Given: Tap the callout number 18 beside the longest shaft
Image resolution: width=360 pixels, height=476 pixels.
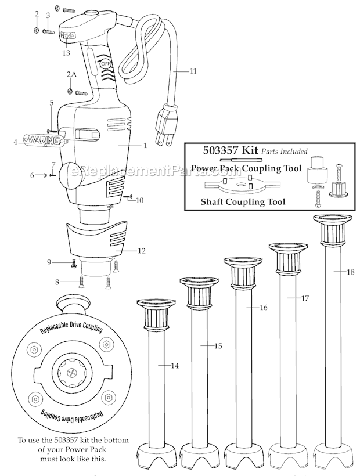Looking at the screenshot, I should point(351,272).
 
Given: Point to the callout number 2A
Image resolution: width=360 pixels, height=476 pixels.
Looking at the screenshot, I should point(71,75).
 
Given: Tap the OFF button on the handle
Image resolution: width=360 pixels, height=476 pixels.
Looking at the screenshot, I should point(105,63).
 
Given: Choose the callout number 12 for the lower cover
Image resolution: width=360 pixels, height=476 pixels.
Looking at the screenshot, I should point(142,251).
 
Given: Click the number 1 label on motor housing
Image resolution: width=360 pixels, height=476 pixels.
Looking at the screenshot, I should point(145,145).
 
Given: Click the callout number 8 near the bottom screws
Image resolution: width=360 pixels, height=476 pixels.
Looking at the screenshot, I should point(57,282).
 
